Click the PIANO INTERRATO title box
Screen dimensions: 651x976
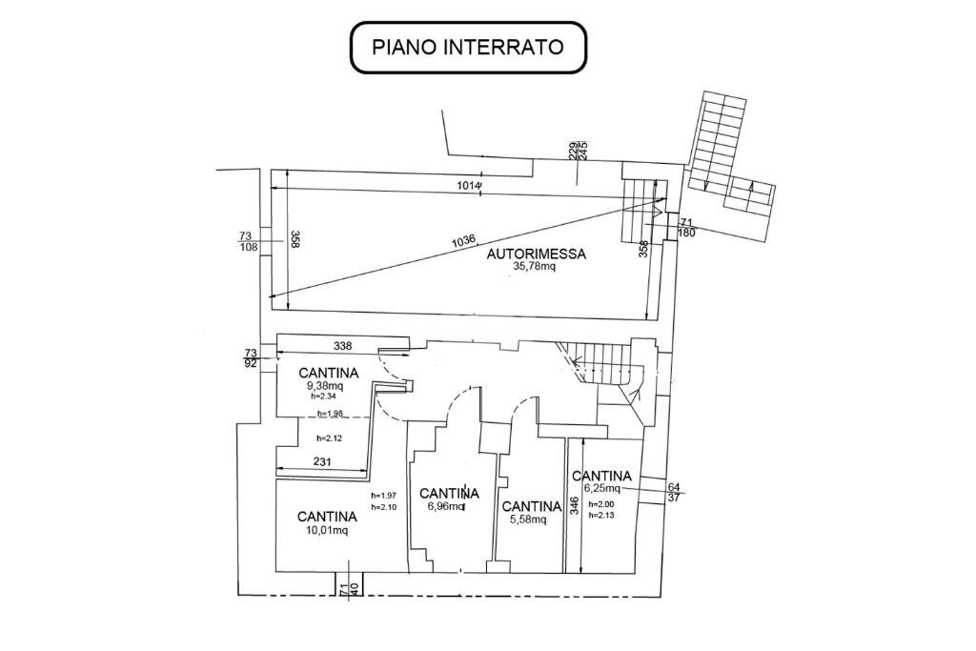coord(467,47)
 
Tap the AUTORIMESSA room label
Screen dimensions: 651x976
coord(536,254)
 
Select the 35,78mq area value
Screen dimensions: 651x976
coord(534,267)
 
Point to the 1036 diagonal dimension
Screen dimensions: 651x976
coord(463,242)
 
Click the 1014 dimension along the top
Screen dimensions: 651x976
coord(469,186)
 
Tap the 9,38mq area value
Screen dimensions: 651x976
coord(324,386)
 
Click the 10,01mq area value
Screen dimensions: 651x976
coord(327,531)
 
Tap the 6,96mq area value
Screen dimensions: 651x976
coord(444,507)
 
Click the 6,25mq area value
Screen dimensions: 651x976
coord(600,488)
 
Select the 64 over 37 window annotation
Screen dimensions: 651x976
coord(674,492)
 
